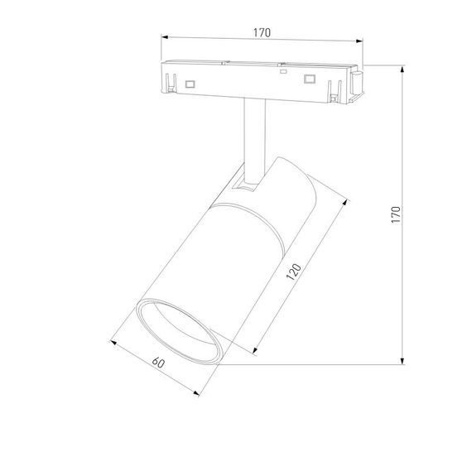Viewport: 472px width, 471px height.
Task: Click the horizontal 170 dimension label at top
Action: click(x=261, y=31)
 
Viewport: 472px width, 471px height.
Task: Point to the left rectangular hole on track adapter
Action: click(x=190, y=84)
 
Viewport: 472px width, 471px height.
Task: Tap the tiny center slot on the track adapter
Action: click(x=283, y=73)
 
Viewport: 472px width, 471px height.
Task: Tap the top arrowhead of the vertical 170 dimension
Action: click(x=402, y=67)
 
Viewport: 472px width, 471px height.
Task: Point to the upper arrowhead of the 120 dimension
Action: click(x=348, y=198)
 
